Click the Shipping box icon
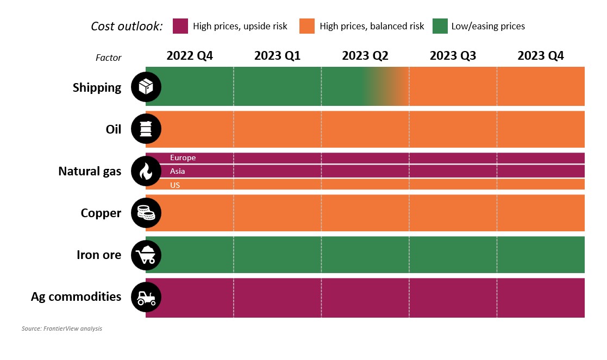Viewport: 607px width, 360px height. point(146,87)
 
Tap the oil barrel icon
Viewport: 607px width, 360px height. point(146,129)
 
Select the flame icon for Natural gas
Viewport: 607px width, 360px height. point(146,172)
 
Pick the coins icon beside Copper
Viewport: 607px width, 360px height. point(146,213)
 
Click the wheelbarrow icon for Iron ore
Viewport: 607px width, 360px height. point(146,255)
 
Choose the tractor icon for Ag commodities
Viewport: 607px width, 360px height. point(146,297)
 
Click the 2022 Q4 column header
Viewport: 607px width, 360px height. point(190,56)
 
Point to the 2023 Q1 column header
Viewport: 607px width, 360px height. point(277,56)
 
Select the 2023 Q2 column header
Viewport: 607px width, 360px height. point(365,56)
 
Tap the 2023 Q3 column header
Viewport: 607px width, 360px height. point(453,56)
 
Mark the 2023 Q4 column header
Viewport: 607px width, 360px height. point(541,56)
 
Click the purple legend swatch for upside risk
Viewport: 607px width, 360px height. point(180,26)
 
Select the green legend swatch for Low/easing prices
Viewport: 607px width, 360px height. point(440,26)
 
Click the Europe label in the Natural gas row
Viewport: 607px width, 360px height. point(183,158)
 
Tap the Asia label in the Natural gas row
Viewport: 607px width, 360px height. point(178,172)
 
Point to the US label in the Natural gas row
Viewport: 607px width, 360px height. point(175,185)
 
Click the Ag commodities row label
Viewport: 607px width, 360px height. point(76,297)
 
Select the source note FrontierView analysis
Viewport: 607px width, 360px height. point(62,329)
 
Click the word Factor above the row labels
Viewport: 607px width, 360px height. point(109,58)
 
